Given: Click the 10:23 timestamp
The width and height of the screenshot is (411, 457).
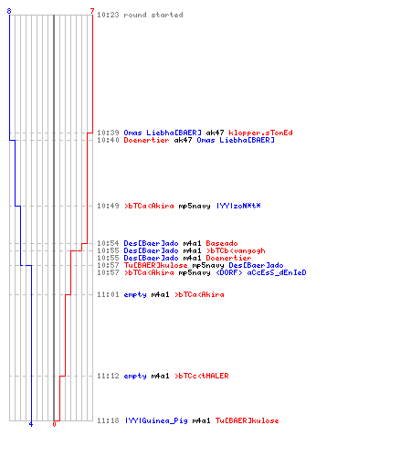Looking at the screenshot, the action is pos(108,15).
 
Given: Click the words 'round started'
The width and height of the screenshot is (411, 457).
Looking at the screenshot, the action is pos(153,15).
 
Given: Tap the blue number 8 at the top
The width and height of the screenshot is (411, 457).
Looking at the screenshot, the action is pos(9,11).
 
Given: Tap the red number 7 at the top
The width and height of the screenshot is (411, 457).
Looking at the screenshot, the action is pos(92,11).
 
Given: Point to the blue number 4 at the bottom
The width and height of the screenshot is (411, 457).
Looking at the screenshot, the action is pos(31,424).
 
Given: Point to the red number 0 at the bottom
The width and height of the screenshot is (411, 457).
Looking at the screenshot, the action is pos(54,424).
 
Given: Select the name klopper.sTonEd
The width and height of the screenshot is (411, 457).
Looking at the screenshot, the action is pos(260,133).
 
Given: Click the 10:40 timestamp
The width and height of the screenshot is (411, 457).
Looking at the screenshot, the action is pos(108,140).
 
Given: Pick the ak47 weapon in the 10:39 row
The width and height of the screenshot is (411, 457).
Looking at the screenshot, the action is pos(215,133).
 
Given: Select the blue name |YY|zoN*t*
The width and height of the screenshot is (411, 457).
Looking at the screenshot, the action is pos(238,206).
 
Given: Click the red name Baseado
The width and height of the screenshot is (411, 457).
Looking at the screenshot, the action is pos(222,243).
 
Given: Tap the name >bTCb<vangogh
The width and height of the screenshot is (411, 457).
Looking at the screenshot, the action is pos(236,250).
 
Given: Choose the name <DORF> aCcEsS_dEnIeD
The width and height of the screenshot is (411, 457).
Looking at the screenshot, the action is pos(261,272).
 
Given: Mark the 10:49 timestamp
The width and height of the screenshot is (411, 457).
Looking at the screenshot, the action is pos(108,206).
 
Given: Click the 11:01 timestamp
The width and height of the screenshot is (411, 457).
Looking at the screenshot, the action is pos(108,294).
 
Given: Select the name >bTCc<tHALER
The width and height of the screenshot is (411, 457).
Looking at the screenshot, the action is pos(202,376).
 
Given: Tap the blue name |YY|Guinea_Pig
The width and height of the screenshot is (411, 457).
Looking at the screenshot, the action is pos(156,420).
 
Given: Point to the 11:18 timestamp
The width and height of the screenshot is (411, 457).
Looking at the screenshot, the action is pos(108,420).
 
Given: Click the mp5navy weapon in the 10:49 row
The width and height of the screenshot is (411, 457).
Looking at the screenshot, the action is pos(195,207).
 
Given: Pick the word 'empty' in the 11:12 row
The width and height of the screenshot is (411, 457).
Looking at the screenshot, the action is pos(135,377).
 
